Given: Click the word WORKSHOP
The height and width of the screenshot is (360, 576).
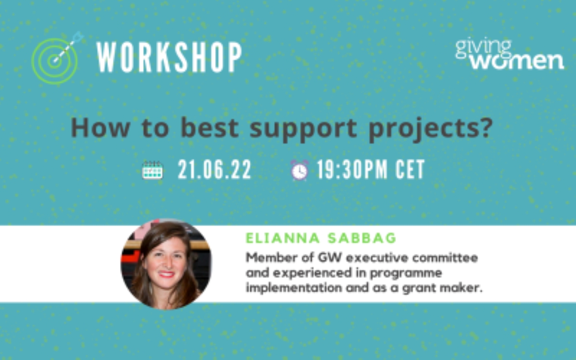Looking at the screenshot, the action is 169,57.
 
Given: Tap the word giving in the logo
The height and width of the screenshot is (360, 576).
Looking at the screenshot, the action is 483,49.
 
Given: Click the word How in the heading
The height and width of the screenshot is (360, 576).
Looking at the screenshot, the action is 100,128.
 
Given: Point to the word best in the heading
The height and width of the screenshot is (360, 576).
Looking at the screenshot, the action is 210,128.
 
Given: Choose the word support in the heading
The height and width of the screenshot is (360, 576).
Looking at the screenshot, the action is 303,130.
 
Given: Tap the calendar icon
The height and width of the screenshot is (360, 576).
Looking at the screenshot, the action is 152,170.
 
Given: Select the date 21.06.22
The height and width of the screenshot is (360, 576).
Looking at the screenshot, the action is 215,169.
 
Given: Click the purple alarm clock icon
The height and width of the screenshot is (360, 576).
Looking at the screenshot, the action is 300,170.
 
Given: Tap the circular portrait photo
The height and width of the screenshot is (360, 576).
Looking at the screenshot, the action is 166,264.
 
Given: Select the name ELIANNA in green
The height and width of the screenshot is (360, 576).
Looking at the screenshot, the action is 283,238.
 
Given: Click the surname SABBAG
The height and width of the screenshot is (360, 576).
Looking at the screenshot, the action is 362,238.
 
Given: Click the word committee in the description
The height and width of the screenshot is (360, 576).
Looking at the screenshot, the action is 445,257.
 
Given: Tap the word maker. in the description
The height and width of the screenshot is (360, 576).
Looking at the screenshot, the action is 461,288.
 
